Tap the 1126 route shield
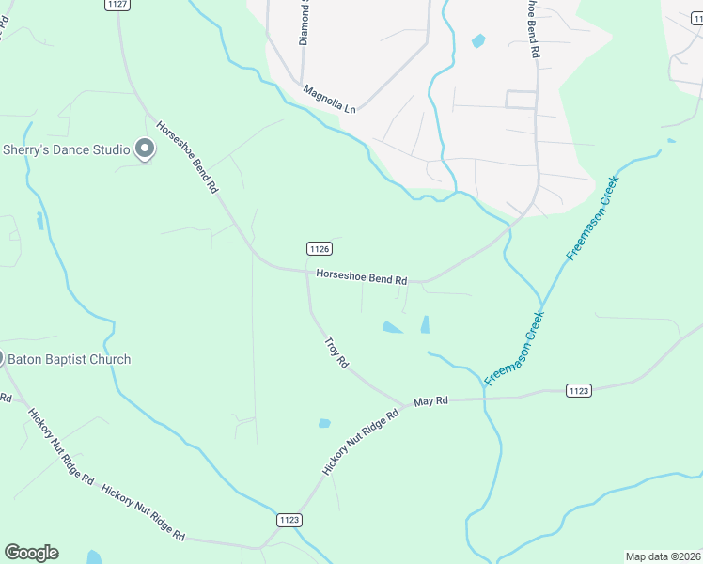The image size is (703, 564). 320,248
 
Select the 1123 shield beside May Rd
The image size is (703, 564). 579,389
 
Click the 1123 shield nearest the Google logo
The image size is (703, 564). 289,519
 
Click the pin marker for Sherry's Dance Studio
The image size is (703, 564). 145,149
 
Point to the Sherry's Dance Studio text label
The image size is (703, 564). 66,149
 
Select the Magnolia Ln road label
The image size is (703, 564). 330,99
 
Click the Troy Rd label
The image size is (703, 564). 336,352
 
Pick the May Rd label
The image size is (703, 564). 430,400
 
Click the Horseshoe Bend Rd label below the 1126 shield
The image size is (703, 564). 361,278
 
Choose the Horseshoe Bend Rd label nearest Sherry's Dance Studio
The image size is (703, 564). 187,157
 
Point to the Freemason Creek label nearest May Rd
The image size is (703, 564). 515,349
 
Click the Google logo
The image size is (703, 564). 31,553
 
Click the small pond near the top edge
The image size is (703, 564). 478,40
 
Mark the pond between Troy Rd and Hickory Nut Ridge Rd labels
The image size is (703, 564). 324,423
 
